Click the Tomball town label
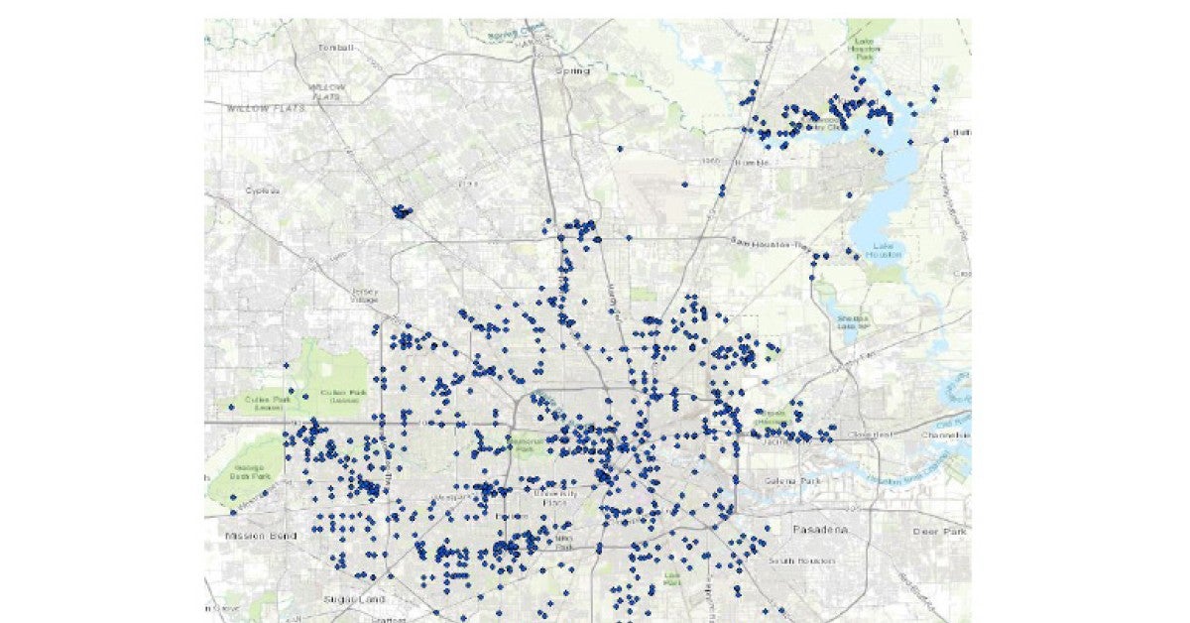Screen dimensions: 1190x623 click(335, 48)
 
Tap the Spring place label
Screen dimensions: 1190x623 click(572, 71)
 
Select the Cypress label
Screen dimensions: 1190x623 click(262, 189)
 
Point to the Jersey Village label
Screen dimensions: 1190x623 click(365, 295)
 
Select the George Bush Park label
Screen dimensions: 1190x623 click(250, 472)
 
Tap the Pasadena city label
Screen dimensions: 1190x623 click(820, 531)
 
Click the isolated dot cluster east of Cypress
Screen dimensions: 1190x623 click(401, 211)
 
